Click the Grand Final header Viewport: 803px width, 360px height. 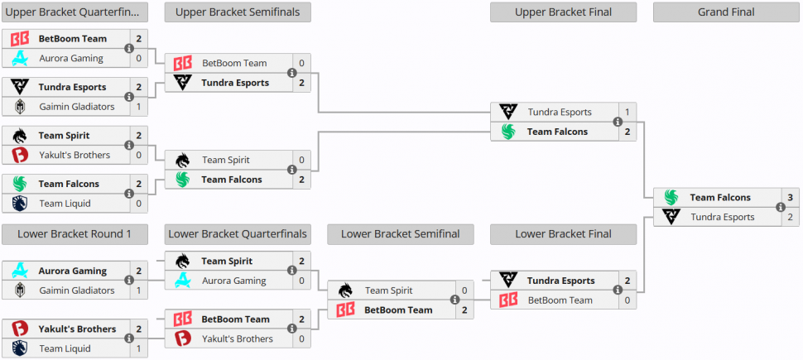click(x=726, y=12)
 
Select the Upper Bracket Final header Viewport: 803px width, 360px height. click(x=563, y=12)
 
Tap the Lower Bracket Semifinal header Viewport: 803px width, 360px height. click(x=401, y=234)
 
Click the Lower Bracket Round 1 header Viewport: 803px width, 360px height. click(x=75, y=234)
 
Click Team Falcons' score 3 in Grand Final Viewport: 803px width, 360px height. click(x=790, y=198)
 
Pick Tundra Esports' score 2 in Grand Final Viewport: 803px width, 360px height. click(x=790, y=217)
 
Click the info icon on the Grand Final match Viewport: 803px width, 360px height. click(x=781, y=208)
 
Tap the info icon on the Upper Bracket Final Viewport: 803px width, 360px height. click(x=618, y=122)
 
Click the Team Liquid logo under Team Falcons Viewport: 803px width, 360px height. click(x=20, y=204)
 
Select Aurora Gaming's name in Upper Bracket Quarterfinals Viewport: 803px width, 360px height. click(x=71, y=59)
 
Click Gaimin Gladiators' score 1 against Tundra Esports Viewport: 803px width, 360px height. click(x=139, y=107)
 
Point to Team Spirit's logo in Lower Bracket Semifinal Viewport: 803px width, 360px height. click(x=346, y=290)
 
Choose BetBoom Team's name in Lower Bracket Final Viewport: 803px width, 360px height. click(x=560, y=300)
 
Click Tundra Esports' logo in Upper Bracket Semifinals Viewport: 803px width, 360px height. click(x=183, y=83)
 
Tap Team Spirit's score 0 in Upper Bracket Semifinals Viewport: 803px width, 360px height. click(x=301, y=160)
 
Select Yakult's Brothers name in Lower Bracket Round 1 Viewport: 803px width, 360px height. click(x=78, y=329)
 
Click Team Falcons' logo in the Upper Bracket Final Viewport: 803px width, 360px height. click(x=508, y=132)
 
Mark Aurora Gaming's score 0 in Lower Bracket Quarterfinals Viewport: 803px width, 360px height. click(x=301, y=281)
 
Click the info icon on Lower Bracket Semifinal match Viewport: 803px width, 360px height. click(x=454, y=300)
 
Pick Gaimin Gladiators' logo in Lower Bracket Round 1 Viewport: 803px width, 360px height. click(x=20, y=290)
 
